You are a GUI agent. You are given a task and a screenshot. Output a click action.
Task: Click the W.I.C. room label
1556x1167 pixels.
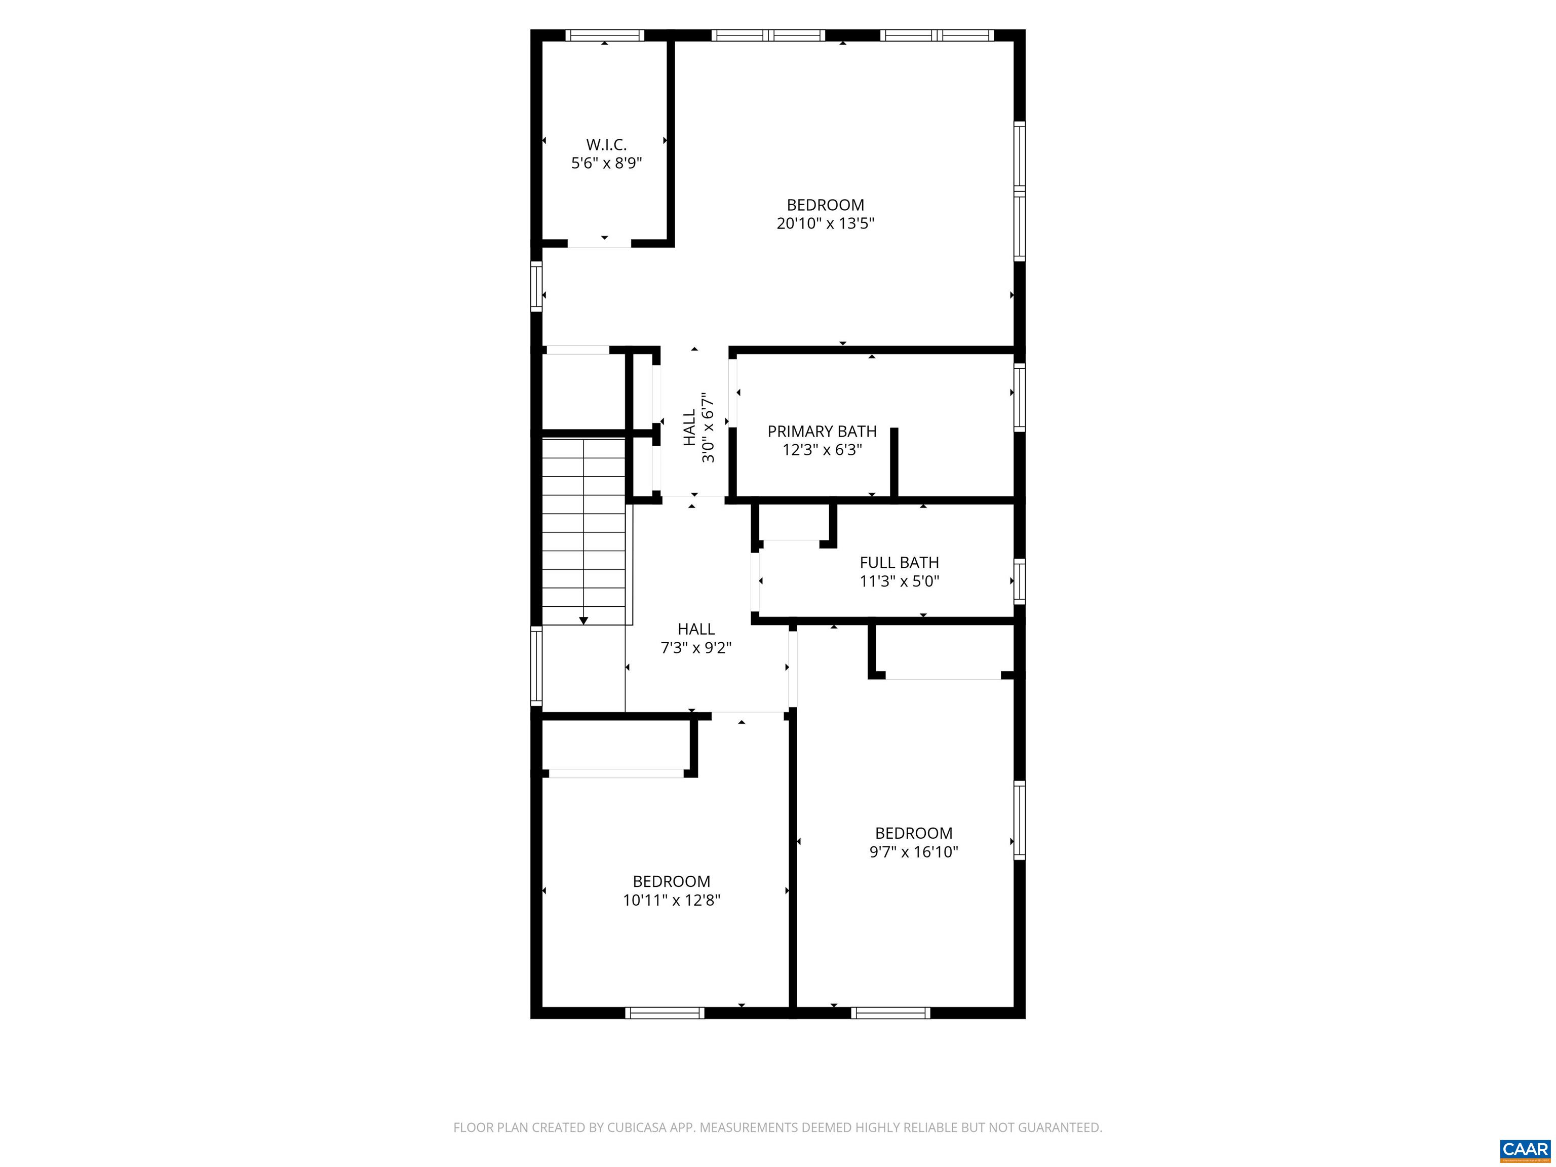click(x=606, y=145)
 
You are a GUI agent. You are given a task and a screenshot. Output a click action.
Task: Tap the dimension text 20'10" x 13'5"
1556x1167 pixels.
click(x=825, y=224)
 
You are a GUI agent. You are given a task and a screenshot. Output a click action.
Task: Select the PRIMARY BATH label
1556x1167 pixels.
click(x=822, y=431)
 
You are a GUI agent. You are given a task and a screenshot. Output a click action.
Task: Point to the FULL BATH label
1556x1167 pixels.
click(x=899, y=563)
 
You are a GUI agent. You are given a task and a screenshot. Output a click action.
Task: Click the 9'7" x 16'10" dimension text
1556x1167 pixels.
click(x=913, y=852)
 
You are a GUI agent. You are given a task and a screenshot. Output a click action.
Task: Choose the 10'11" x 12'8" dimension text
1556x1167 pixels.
click(x=671, y=901)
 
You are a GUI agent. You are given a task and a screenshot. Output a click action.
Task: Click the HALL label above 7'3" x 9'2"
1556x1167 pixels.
click(x=696, y=630)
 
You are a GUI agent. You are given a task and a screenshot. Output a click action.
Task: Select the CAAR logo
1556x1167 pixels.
click(x=1525, y=1149)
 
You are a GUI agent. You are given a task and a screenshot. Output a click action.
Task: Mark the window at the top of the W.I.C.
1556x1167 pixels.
click(x=605, y=35)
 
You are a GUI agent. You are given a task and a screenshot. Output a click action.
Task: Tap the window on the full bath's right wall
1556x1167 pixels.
click(x=1019, y=581)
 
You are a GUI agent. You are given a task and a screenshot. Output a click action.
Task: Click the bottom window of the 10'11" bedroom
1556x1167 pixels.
click(x=665, y=1013)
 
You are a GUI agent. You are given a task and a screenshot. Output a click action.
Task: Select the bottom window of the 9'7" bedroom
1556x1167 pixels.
click(x=890, y=1013)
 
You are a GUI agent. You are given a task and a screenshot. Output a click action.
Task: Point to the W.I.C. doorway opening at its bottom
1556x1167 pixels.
click(x=599, y=244)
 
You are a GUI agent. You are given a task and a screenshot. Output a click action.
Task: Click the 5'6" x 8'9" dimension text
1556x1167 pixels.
click(x=606, y=163)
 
